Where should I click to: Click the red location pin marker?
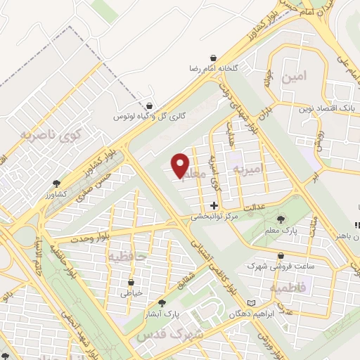[181, 165]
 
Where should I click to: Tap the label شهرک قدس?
[179, 335]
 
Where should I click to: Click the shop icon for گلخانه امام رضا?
[213, 57]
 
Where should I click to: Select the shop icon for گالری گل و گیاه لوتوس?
[148, 105]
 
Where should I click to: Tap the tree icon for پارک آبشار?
[162, 302]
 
